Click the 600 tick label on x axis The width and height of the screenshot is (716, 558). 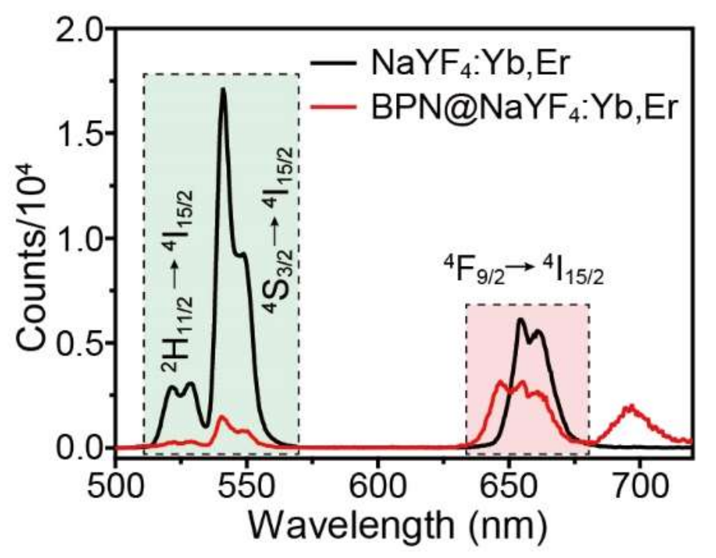[377, 485]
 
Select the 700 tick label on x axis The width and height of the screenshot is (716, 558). [639, 485]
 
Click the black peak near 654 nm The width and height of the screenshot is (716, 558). [520, 320]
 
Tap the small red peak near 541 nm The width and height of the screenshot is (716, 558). [222, 417]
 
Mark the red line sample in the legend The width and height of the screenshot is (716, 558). [333, 106]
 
